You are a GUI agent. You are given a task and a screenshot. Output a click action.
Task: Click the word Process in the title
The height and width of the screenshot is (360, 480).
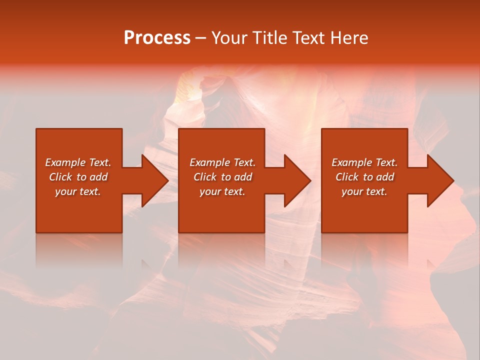[157, 38]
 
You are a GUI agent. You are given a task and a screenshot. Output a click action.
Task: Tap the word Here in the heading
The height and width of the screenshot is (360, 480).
[348, 38]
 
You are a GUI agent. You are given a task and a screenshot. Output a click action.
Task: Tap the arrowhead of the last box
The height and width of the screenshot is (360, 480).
[439, 180]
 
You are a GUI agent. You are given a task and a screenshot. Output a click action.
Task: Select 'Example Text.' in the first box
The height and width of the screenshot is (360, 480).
[78, 162]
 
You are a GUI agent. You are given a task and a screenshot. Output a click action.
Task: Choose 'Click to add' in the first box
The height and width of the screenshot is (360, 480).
[78, 177]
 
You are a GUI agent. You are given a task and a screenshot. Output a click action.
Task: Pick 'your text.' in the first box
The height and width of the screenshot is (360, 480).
[78, 191]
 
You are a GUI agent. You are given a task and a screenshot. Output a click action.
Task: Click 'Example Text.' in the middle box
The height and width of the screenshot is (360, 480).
[222, 162]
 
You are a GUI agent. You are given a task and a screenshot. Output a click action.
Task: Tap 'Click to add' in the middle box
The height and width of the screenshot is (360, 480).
[222, 177]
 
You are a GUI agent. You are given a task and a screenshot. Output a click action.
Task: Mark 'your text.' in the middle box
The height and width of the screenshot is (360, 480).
[222, 191]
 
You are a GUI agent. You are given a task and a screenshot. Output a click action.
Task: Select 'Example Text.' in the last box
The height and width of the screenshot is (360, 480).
[364, 162]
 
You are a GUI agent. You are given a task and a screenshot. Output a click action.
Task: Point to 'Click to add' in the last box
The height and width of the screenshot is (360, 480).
[364, 177]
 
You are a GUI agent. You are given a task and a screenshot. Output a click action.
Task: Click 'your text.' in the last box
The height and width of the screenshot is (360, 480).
[364, 191]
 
